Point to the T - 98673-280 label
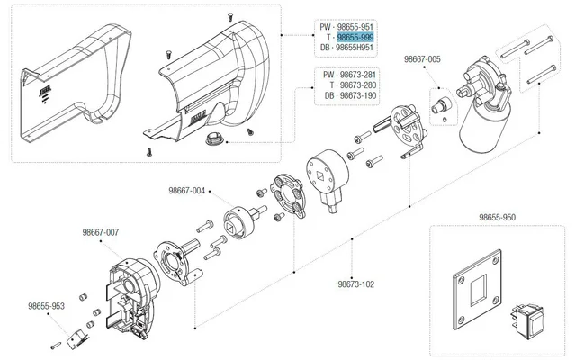pos(347,85)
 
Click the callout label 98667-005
pos(422,59)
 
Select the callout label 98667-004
pos(186,191)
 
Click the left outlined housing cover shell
pos(68,85)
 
